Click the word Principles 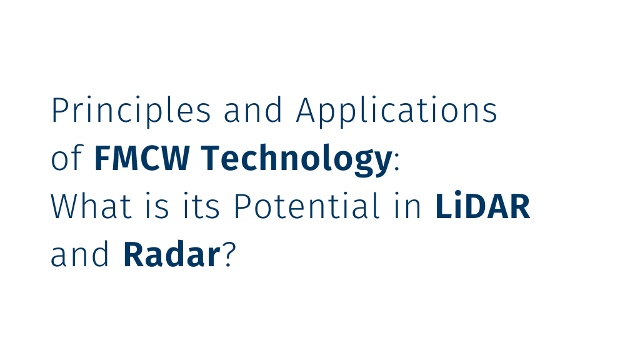(131, 111)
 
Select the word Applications (397, 111)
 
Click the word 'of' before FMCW (66, 160)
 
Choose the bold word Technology (296, 160)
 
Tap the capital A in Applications (307, 111)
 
